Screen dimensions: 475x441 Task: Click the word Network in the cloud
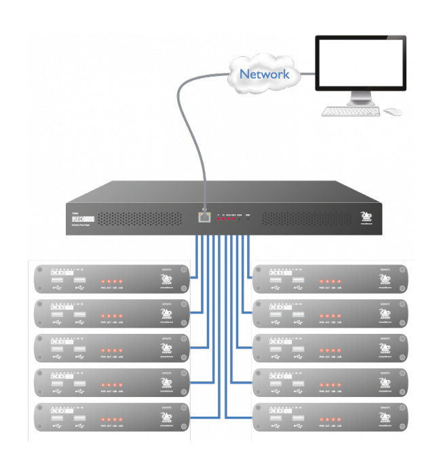click(x=265, y=74)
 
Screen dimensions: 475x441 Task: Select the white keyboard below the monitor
click(x=350, y=111)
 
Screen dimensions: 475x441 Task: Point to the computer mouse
click(x=391, y=111)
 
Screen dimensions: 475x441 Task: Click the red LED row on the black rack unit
click(x=225, y=219)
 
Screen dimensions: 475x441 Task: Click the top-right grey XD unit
click(x=331, y=278)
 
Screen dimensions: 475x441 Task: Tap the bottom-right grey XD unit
click(x=331, y=419)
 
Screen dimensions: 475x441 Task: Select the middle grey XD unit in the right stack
click(x=331, y=349)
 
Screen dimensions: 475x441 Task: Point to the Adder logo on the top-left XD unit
click(x=166, y=280)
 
